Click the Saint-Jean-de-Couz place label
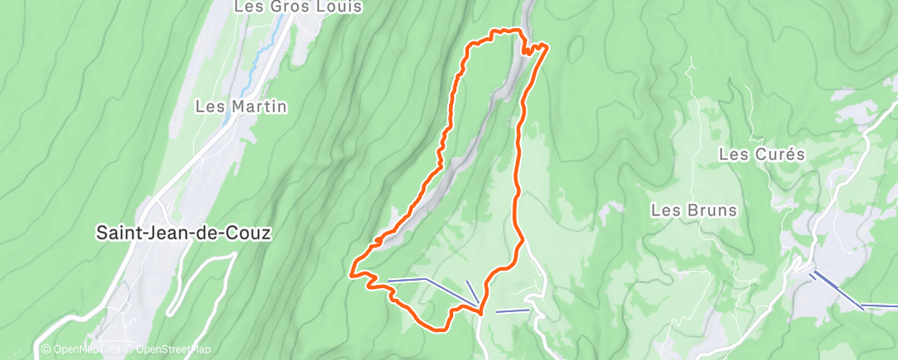tap(183, 233)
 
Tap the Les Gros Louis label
tap(298, 7)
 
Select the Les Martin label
tap(241, 106)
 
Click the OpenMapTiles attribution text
tap(81, 350)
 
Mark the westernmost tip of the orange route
tap(352, 272)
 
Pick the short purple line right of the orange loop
tap(512, 311)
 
